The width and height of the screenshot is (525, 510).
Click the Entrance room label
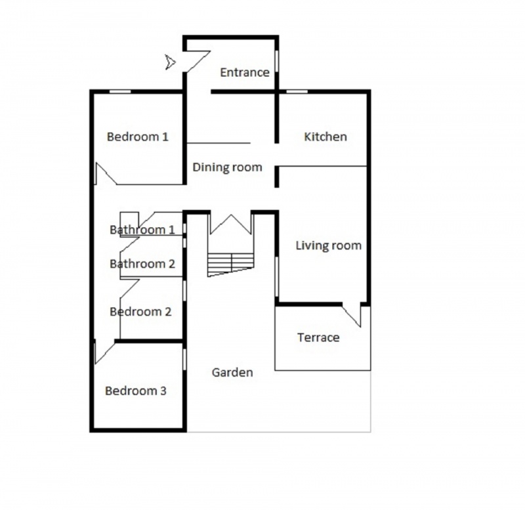[x=245, y=72]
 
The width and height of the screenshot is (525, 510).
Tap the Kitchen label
[x=325, y=137]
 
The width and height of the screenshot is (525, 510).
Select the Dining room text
[x=227, y=167]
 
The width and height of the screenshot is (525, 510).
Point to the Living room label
[x=329, y=245]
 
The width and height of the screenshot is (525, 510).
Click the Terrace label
[x=318, y=337]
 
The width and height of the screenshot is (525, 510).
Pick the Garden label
[x=232, y=372]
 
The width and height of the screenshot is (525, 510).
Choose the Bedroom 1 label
[x=138, y=137]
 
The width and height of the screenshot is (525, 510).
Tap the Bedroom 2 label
[x=140, y=312]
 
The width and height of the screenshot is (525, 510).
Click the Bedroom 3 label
[x=136, y=391]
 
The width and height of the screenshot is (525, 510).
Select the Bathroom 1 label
[x=142, y=230]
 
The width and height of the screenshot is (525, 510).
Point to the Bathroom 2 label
[x=142, y=264]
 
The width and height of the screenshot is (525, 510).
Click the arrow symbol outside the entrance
[x=170, y=62]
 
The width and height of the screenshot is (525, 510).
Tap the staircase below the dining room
[x=231, y=265]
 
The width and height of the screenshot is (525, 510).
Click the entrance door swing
[x=198, y=61]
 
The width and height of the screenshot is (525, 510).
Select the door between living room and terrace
[x=352, y=316]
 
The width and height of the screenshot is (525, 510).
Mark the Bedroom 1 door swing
[x=106, y=173]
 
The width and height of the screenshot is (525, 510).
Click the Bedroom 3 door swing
[x=105, y=352]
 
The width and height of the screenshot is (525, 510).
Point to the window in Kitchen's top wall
[x=297, y=91]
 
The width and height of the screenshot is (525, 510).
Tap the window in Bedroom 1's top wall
[x=120, y=91]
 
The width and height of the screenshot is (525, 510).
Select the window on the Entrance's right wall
[x=276, y=61]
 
